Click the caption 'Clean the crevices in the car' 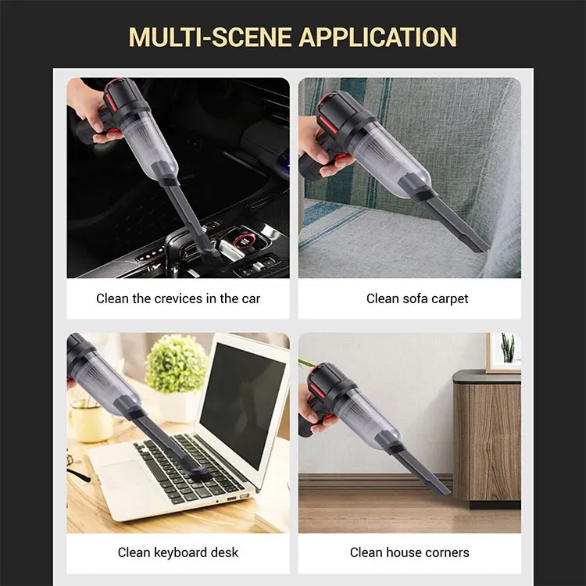pos(178,298)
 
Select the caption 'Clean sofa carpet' pos(417,298)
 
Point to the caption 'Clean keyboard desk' pos(178,552)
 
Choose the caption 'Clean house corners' pos(409,552)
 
